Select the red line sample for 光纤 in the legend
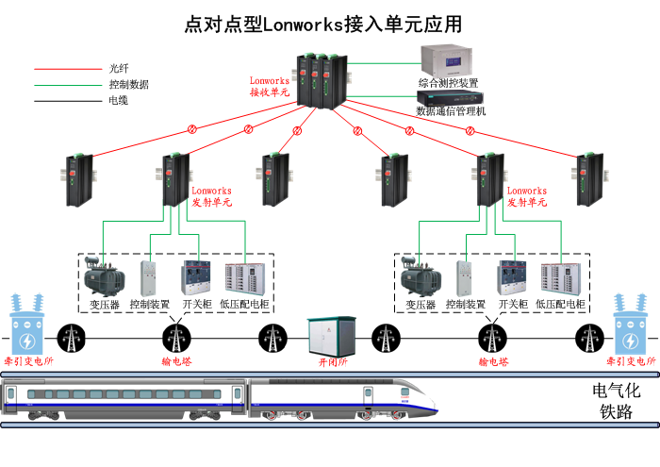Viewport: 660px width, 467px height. (67, 69)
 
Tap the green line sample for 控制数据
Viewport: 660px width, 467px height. (67, 85)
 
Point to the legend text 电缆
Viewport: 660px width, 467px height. (118, 100)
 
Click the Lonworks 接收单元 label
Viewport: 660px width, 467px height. (270, 87)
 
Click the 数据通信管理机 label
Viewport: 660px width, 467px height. (451, 111)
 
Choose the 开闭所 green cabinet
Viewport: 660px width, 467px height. (331, 336)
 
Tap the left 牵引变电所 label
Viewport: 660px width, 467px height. (28, 362)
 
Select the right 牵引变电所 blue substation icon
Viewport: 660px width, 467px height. (631, 325)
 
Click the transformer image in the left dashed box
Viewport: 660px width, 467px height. (104, 277)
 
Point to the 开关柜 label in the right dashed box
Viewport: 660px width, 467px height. (514, 306)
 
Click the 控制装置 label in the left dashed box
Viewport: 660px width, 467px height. (150, 306)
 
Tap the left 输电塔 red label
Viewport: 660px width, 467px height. (176, 362)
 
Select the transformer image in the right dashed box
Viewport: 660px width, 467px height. (421, 277)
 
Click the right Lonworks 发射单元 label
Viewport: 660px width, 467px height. (527, 196)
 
